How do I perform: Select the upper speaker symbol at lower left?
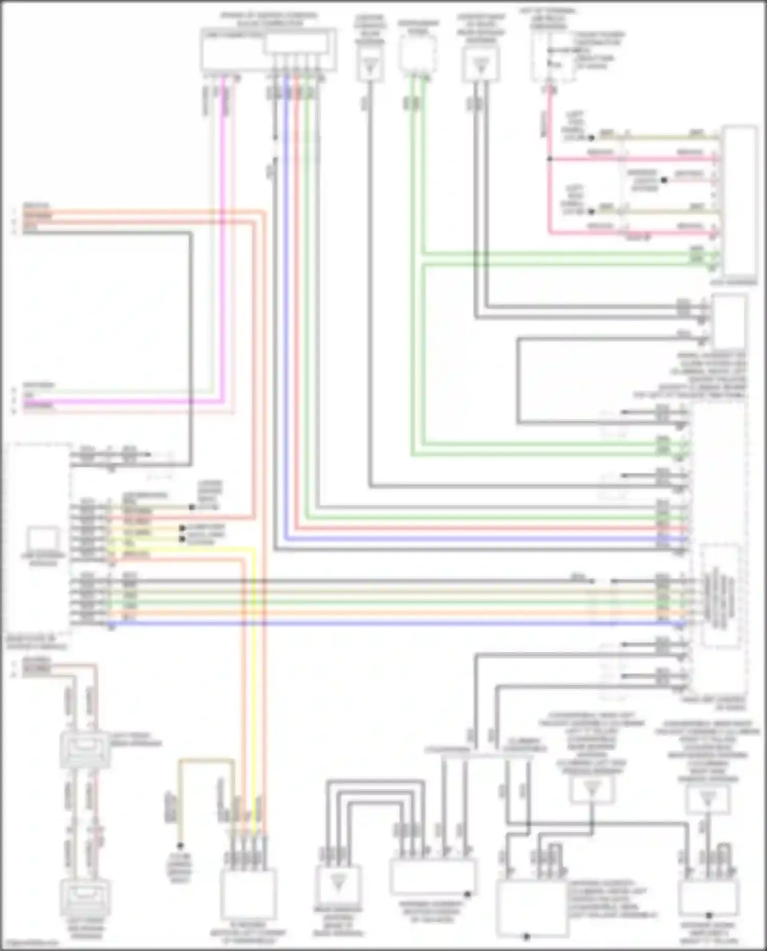pos(85,750)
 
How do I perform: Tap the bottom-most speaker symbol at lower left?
pos(85,898)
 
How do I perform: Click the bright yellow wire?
pos(253,664)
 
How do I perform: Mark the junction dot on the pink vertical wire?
pos(550,159)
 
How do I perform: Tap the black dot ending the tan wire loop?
pos(180,846)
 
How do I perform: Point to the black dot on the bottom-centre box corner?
pos(467,895)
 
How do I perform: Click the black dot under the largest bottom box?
pos(527,937)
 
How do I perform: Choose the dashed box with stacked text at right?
pos(720,596)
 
